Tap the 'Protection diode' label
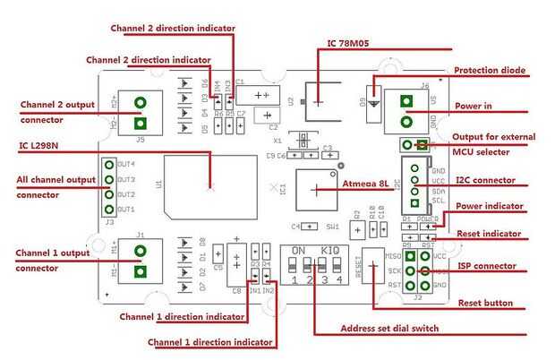[490, 70]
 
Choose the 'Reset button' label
[486, 304]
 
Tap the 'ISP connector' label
[487, 265]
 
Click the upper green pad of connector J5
[140, 103]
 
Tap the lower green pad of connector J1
[140, 272]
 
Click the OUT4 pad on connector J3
[110, 165]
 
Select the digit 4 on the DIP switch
[338, 280]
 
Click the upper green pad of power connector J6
[407, 100]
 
